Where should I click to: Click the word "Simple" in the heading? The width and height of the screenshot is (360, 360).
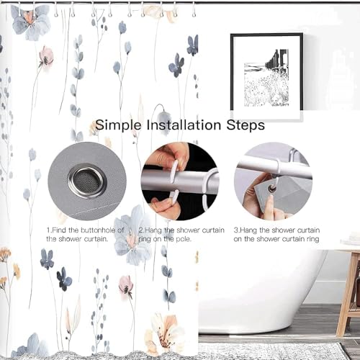[x=118, y=125]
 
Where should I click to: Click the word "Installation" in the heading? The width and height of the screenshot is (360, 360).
[x=184, y=125]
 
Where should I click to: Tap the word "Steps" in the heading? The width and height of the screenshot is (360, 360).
[x=246, y=125]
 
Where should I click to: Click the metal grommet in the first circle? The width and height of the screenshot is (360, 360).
[x=87, y=181]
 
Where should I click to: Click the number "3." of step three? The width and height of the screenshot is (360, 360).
[x=237, y=230]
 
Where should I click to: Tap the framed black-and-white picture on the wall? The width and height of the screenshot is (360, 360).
[x=266, y=77]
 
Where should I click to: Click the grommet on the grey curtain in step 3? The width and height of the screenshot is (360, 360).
[x=272, y=189]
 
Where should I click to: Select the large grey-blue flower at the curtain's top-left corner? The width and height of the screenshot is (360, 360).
[x=30, y=22]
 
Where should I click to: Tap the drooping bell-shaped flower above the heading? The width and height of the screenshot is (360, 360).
[x=165, y=117]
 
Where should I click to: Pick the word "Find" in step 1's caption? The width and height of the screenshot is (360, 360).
[x=59, y=230]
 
